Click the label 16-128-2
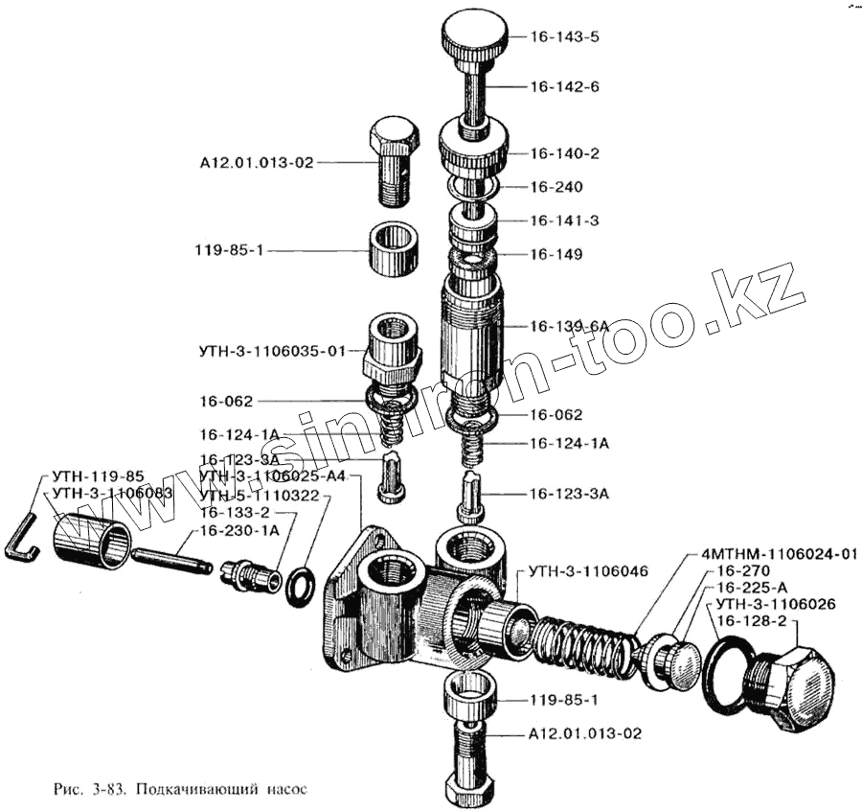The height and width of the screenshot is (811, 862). click(751, 621)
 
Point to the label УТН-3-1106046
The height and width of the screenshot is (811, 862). click(586, 571)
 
